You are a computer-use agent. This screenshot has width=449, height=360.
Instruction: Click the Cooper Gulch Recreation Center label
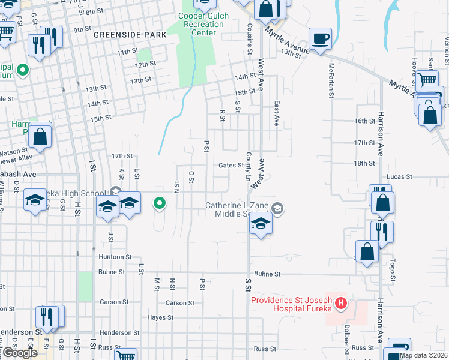(200, 24)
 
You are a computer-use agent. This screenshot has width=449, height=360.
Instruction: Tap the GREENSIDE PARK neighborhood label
(130, 35)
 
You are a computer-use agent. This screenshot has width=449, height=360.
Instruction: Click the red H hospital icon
(341, 304)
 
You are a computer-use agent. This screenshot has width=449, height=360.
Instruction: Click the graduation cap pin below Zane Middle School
(261, 224)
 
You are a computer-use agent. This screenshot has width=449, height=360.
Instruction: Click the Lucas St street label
(400, 177)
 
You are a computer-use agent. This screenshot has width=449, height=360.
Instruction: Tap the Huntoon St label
(115, 257)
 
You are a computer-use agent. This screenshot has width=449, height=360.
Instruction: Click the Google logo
(19, 353)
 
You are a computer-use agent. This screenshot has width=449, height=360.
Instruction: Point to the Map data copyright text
(423, 355)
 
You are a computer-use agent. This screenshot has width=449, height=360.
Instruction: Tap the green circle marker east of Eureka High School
(159, 204)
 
